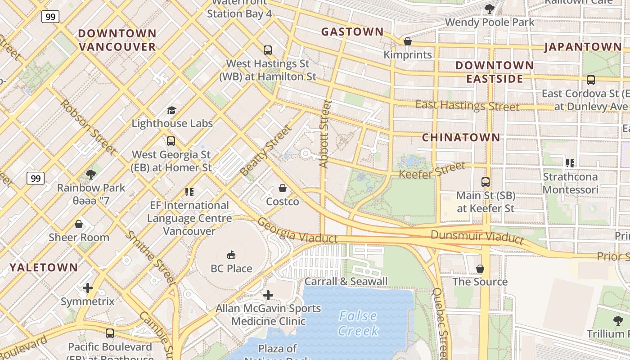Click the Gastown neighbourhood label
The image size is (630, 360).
(352, 32)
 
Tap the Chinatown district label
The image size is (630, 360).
(461, 138)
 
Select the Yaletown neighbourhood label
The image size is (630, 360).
(44, 268)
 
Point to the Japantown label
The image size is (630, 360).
(583, 47)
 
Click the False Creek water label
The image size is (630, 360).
(359, 324)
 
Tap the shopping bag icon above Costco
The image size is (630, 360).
(283, 188)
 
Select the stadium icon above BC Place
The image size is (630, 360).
(231, 255)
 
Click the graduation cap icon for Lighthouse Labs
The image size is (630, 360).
(171, 110)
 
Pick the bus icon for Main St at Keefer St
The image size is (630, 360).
(486, 182)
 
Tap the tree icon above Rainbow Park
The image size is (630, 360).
(91, 174)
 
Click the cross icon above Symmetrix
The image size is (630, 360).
(88, 288)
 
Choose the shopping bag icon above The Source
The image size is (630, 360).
(480, 269)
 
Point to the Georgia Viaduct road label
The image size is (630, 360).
(297, 231)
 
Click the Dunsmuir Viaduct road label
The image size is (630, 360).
(477, 237)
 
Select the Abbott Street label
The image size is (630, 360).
(325, 134)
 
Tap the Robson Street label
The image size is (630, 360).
(88, 127)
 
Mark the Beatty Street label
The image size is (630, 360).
(266, 151)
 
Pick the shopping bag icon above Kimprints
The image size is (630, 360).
(408, 41)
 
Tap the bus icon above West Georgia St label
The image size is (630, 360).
(171, 141)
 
